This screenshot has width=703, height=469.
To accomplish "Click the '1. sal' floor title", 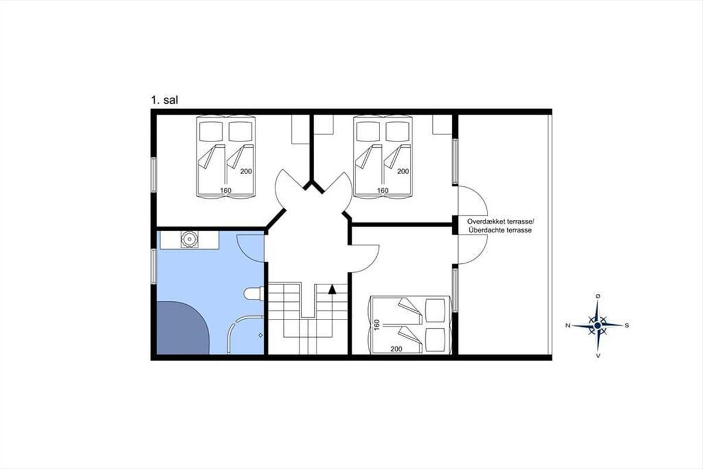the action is coord(165,100).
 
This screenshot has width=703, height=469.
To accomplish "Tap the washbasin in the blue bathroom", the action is coord(190,239).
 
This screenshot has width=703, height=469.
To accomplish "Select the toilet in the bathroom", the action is coord(254,294).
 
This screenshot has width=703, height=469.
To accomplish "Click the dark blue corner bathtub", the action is coord(183,328).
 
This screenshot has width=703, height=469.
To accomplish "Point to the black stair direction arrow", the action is coord(332,289).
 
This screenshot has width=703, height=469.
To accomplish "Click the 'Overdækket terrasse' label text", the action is coord(500,221).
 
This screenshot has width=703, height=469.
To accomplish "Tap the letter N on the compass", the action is coord(568,325).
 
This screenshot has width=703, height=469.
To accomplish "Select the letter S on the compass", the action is coord(627,325).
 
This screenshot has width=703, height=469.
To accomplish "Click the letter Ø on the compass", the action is coord(598,296).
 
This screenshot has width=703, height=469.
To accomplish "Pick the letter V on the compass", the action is coord(598,356).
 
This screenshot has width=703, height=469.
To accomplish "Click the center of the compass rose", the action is coord(598,325).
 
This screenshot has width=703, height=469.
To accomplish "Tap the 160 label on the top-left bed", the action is coord(226,191).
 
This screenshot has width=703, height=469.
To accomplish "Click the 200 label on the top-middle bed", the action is coord(403,171).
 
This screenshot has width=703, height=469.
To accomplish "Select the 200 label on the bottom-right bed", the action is coord(397,349).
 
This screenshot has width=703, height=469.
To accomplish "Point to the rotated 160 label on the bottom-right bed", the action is coord(377,325).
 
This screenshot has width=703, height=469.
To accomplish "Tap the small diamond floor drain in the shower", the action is coord(261,335).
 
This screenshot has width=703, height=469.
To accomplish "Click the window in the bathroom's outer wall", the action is coord(153,266).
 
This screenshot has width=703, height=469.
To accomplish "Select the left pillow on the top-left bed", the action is coord(211,131).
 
